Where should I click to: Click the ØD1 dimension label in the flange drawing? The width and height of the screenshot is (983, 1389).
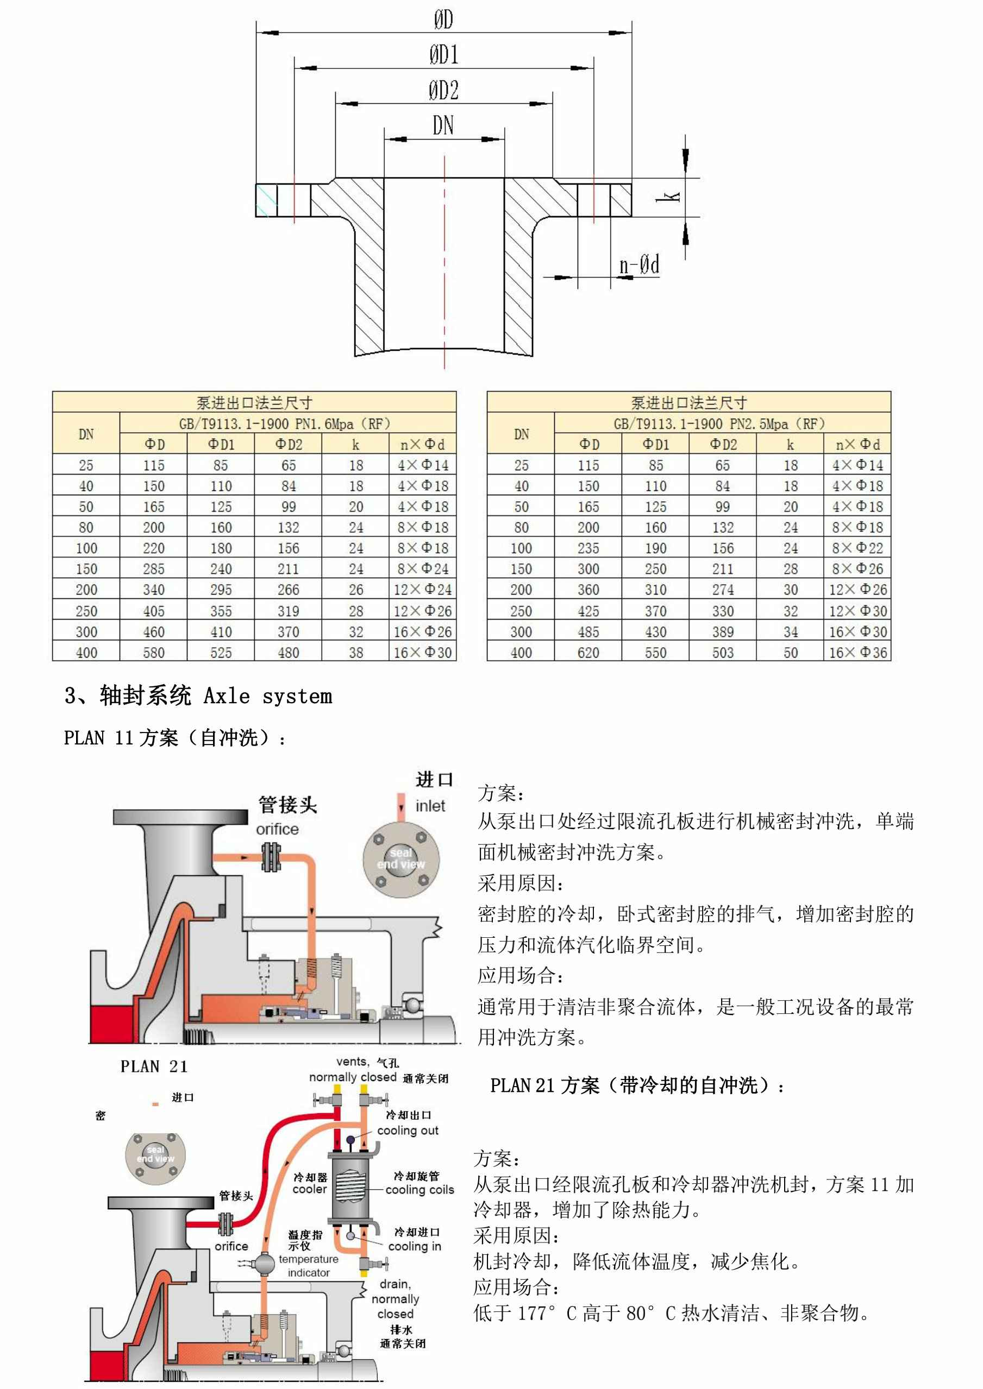[x=444, y=54]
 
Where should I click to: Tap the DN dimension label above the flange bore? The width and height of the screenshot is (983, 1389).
[x=443, y=126]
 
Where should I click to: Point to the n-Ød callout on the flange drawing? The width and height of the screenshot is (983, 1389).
[x=638, y=265]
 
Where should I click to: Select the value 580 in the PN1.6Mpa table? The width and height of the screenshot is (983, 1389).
[x=153, y=653]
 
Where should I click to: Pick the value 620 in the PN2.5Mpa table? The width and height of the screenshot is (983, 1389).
[x=588, y=653]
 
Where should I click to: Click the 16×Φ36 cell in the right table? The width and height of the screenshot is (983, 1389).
[x=857, y=653]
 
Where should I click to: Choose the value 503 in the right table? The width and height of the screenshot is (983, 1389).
[x=722, y=653]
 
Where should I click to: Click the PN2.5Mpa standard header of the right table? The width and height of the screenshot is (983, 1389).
[x=719, y=424]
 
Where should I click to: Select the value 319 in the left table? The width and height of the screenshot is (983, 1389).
[x=288, y=611]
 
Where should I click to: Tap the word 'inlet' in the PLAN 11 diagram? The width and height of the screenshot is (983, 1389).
[x=430, y=806]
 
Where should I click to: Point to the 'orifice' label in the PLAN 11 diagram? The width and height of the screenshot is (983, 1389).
[x=277, y=829]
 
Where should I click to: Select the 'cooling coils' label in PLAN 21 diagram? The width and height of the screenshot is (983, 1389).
[x=420, y=1189]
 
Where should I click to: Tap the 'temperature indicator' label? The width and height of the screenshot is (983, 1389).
[x=308, y=1266]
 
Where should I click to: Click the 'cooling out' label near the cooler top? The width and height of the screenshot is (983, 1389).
[x=408, y=1130]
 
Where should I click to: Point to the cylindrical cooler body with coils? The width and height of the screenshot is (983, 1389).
[x=348, y=1188]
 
